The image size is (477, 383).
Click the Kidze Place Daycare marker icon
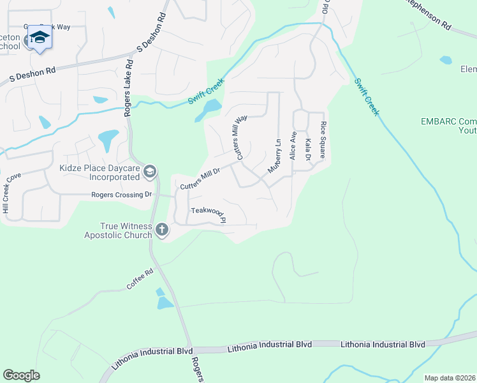[149, 170]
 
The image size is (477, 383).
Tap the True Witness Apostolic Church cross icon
[162, 229]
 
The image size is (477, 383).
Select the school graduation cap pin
[39, 38]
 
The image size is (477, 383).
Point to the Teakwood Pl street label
[209, 214]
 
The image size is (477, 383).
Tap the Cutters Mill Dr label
[200, 178]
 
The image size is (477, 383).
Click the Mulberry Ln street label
[274, 156]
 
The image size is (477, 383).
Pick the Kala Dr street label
[309, 149]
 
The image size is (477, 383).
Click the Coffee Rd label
[140, 280]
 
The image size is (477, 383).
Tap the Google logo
[21, 375]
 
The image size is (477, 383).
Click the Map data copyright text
[450, 378]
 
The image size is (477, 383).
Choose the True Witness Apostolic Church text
[118, 230]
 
